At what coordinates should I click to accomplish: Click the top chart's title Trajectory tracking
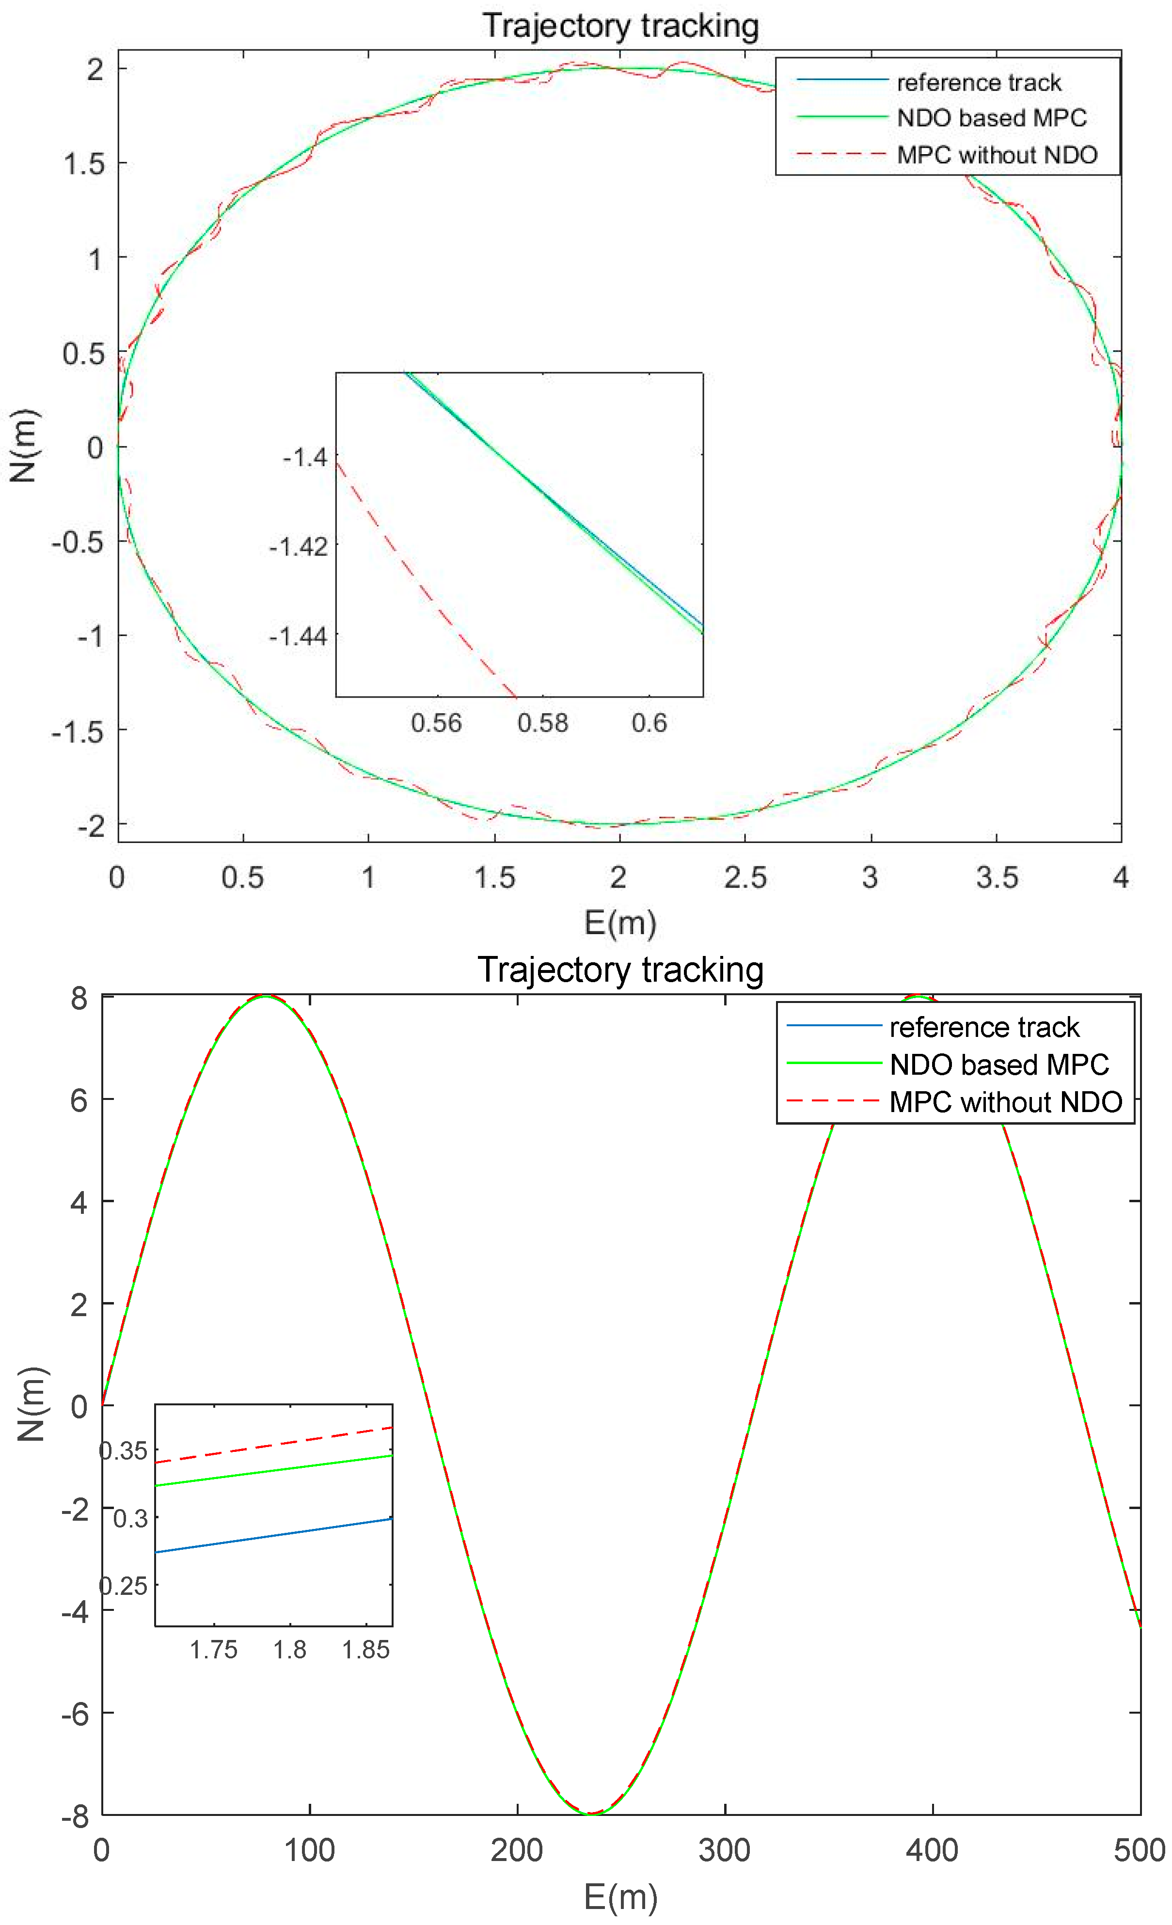(x=620, y=25)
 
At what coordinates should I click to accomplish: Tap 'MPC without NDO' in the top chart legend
(x=997, y=155)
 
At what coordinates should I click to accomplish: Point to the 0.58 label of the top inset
(x=542, y=723)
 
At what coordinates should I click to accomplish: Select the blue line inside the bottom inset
(x=273, y=1535)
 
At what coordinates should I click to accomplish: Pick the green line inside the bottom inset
(x=273, y=1470)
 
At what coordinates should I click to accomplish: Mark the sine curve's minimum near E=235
(x=591, y=1813)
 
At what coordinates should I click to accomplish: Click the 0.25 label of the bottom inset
(x=124, y=1586)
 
